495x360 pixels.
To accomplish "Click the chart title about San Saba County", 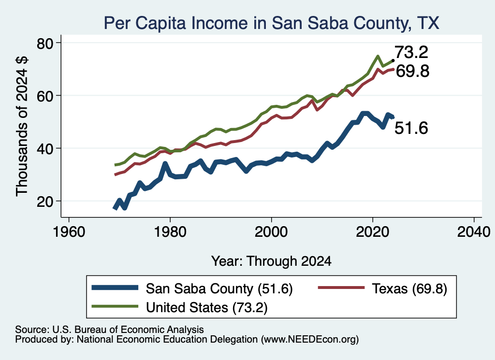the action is coord(272,23).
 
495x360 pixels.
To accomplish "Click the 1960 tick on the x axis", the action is coord(69,232).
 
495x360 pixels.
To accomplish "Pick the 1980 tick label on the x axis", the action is coord(170,232).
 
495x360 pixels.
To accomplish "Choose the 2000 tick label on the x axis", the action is coord(271,232).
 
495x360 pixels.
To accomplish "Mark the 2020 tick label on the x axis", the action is coord(373,232).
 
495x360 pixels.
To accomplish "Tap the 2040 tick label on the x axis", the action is coord(474,232).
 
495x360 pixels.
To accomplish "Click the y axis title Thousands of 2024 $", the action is coord(22,126).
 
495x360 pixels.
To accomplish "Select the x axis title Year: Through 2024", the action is coord(271,261).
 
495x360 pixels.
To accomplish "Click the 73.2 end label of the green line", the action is coord(411,52).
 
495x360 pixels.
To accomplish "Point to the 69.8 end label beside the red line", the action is coord(413,71).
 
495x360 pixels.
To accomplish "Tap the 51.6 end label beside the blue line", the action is coord(411,128).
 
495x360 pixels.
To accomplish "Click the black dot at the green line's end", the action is coord(393,60).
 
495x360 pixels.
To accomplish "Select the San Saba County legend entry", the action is coord(192,288).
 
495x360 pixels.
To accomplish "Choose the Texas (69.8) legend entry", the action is coord(382,288).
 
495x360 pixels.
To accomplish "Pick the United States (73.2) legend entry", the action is coord(180,307).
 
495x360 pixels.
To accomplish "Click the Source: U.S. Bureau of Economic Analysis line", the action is coord(109,330).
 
